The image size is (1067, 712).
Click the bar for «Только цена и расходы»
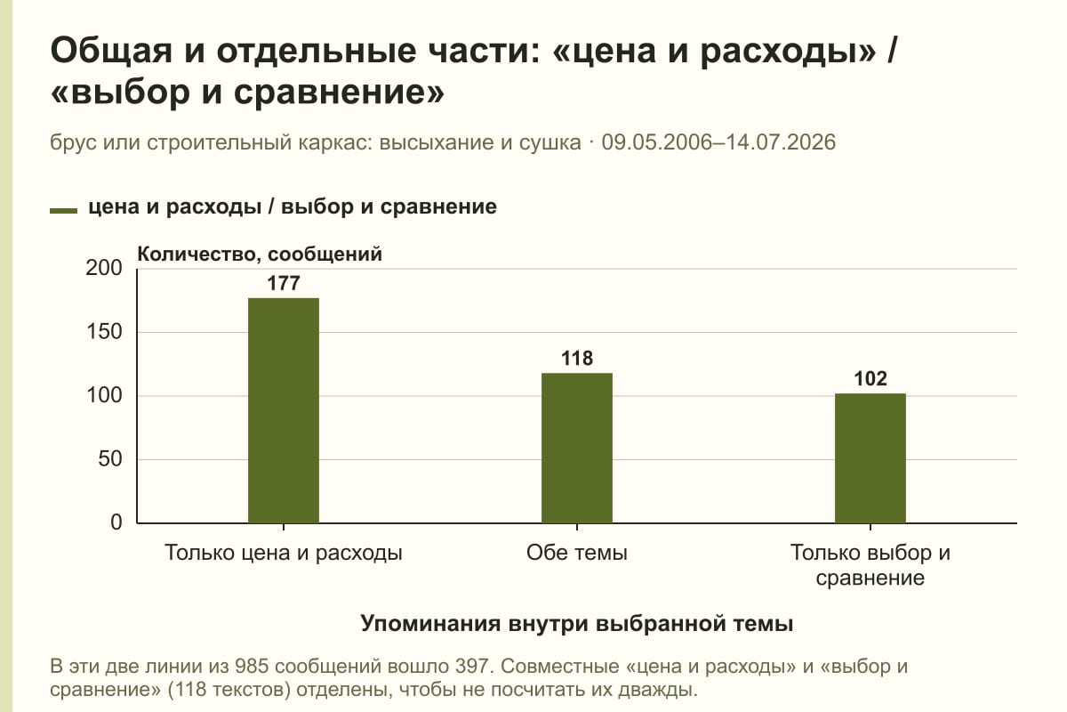point(284,410)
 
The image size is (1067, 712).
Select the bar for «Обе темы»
point(577,449)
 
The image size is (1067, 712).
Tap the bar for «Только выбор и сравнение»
point(870,458)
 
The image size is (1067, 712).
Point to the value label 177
point(284,283)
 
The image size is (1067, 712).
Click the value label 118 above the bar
point(577,358)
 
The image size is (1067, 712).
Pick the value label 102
point(870,378)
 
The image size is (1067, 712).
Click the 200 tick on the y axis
point(104,268)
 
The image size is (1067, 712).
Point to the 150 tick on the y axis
point(104,332)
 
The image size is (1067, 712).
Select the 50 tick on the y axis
point(110,459)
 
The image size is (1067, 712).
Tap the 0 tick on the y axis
point(116,522)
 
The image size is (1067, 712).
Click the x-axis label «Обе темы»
point(577,553)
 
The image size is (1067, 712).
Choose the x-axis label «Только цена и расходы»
point(284,554)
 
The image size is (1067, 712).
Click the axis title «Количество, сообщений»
point(260,255)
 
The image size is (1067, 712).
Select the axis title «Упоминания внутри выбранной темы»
point(577,623)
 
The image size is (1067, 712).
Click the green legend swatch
point(63,210)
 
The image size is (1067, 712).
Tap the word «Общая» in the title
point(110,51)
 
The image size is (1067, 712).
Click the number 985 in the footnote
point(252,667)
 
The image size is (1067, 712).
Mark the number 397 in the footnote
point(472,667)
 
